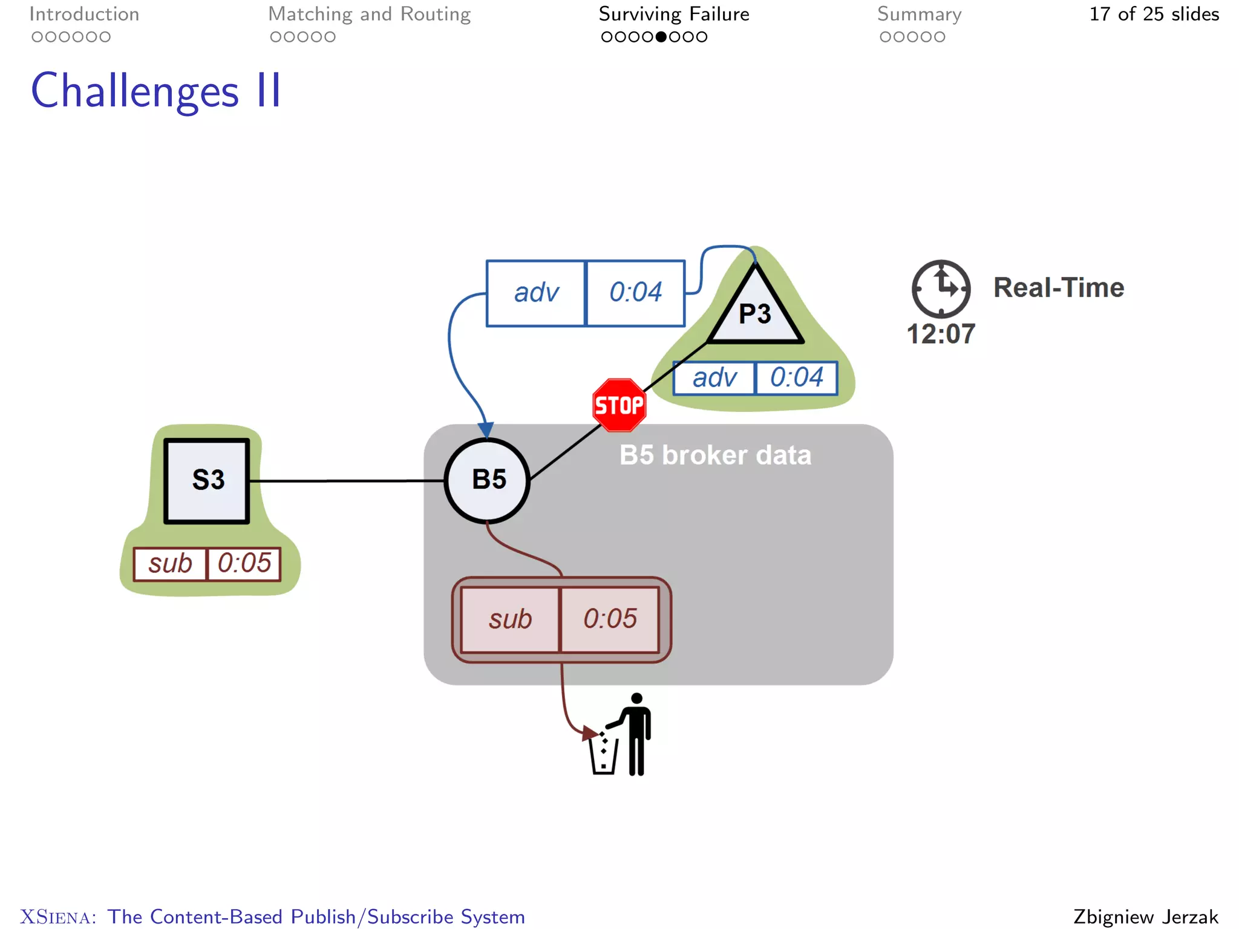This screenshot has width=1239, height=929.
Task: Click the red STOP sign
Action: click(619, 405)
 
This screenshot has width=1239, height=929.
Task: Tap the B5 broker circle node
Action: click(487, 480)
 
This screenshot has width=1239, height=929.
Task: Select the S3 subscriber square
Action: click(207, 480)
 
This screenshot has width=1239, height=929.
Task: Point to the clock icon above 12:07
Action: click(941, 288)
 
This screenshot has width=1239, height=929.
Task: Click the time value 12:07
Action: click(941, 334)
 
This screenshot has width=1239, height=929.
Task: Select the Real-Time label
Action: click(1058, 287)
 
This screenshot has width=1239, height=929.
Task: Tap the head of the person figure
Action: click(636, 699)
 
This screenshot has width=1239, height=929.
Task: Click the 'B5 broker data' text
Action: click(715, 455)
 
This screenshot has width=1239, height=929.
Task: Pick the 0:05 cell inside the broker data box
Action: click(610, 619)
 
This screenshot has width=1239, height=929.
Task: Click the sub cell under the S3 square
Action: click(170, 564)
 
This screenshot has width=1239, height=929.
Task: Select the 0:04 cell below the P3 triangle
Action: click(796, 377)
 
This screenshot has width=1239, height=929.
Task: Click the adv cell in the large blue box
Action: click(536, 293)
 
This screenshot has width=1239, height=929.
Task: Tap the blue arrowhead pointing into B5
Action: click(486, 429)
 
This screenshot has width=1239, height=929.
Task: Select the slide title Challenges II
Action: click(156, 91)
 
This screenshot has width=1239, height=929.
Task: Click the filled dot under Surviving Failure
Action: click(661, 37)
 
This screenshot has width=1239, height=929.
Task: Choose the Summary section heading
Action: click(919, 14)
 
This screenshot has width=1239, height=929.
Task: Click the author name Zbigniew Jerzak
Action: click(1145, 916)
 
